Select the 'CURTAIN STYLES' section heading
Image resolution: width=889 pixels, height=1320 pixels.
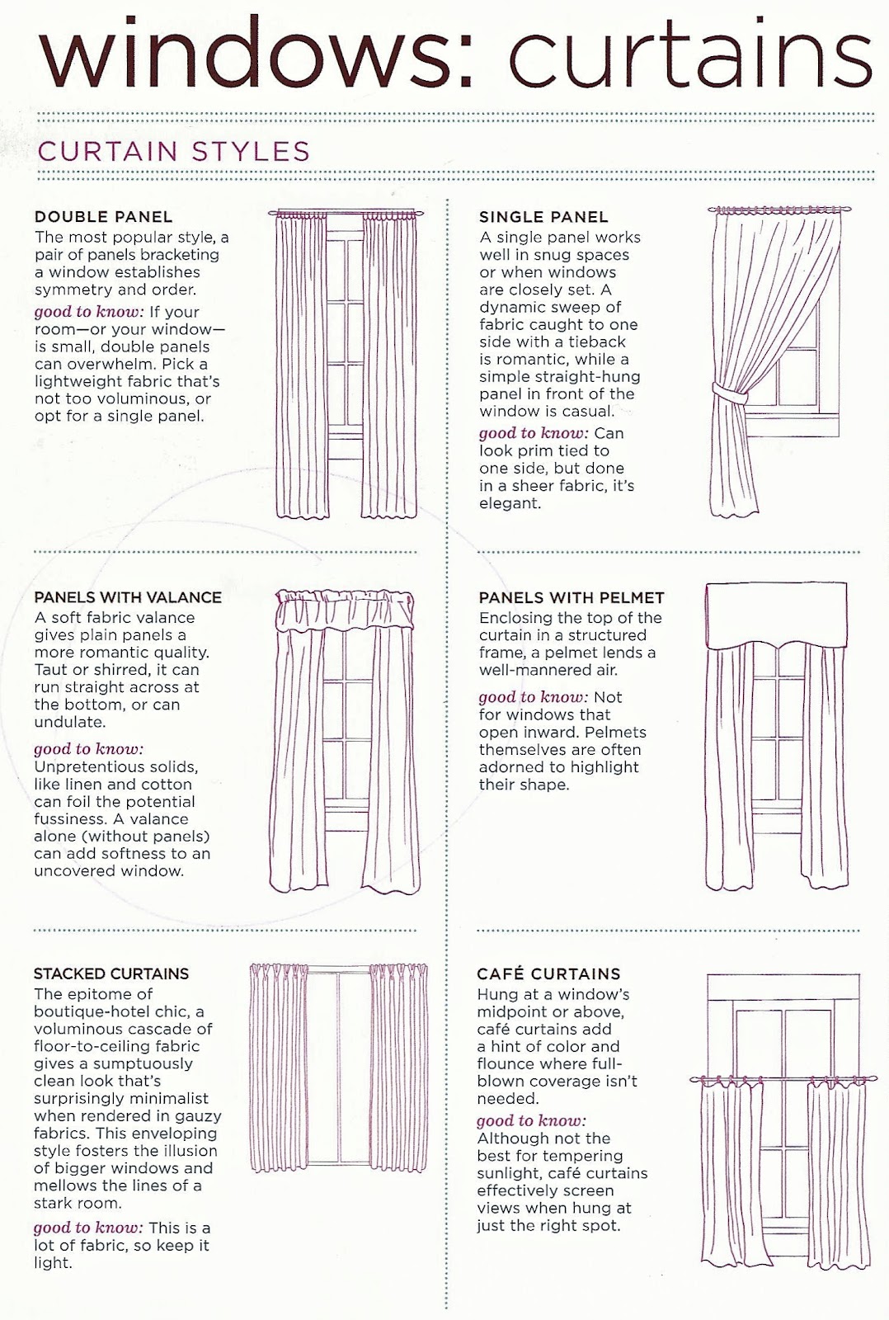[x=173, y=152]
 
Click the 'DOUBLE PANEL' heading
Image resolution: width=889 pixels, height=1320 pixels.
[x=103, y=217]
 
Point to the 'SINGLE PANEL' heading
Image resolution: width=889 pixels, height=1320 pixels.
[x=543, y=217]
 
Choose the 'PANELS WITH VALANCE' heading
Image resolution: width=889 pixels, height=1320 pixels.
[x=128, y=597]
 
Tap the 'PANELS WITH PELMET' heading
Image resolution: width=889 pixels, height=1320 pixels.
[x=571, y=597]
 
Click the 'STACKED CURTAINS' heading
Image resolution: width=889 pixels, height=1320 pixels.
[x=111, y=973]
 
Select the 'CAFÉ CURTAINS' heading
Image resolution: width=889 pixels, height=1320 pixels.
[x=548, y=973]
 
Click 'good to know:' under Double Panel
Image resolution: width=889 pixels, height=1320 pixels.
[x=89, y=312]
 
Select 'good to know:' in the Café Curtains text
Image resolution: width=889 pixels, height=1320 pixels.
[x=531, y=1120]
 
